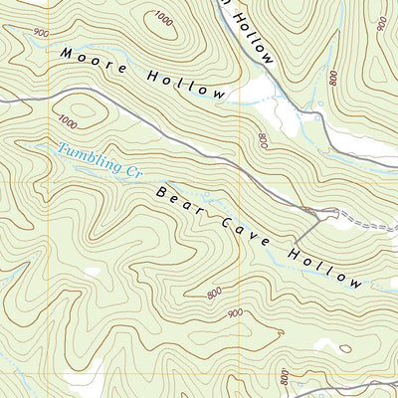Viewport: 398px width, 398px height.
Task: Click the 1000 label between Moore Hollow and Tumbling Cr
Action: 68,121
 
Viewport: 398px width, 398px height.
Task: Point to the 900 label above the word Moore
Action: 40,33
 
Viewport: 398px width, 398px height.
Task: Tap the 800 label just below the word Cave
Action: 214,293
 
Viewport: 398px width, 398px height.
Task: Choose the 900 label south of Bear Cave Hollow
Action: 236,313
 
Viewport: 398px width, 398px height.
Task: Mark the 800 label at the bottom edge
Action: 286,378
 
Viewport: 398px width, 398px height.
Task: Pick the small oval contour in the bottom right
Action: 344,348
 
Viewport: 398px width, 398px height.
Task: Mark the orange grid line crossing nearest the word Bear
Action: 240,182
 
